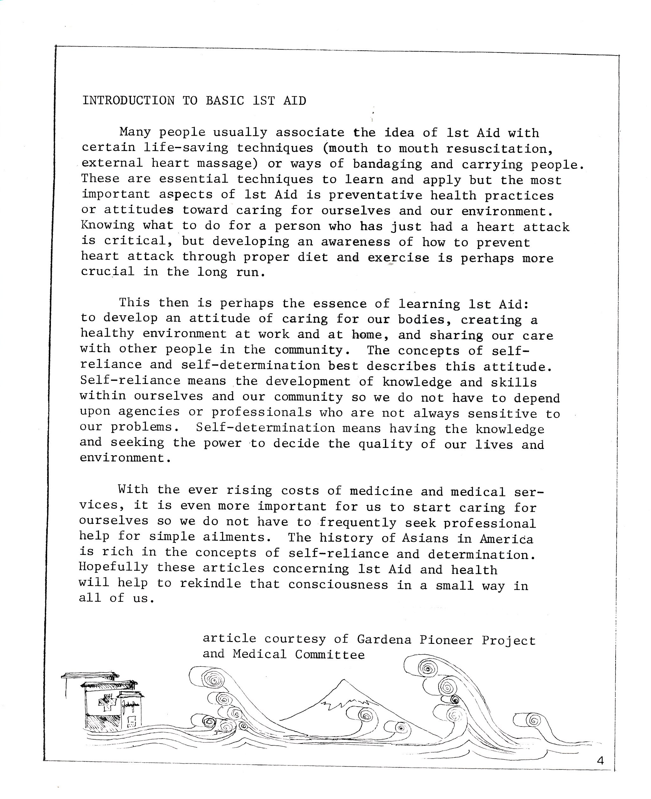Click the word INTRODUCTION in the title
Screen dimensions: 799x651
tap(128, 101)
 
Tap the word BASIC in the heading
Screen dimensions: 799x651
tap(225, 101)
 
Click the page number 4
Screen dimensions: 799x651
tap(600, 760)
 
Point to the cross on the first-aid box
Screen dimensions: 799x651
tap(107, 704)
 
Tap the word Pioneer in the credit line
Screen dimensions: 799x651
tap(446, 640)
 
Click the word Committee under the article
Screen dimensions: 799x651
tap(330, 655)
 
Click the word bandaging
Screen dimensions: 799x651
tap(387, 164)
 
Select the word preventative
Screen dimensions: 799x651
tap(375, 196)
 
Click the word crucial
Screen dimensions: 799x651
tap(108, 271)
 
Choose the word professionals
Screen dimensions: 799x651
tap(261, 412)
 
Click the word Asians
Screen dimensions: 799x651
tap(425, 538)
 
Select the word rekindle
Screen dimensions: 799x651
tap(210, 584)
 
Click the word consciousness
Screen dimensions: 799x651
tap(338, 584)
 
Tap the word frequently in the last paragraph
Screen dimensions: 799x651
tap(358, 523)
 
